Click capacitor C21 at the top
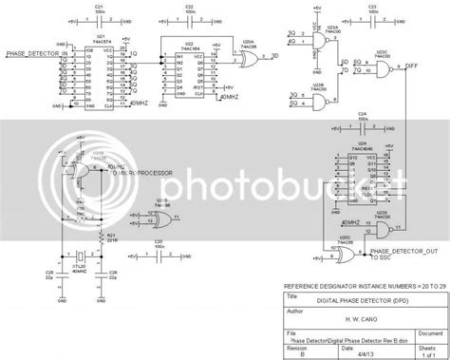101,17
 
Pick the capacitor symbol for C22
190,17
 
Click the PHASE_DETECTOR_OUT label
399,250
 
